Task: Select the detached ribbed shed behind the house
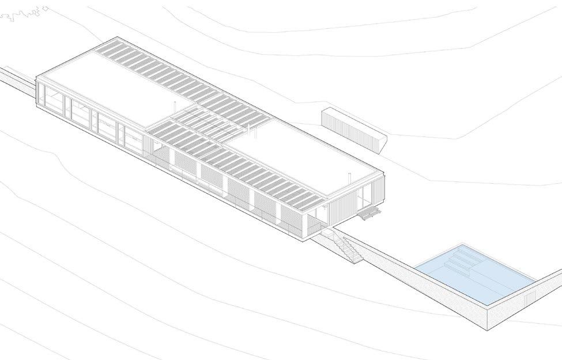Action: coord(353,130)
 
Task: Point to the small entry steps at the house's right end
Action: coord(369,214)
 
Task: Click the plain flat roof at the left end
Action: coord(110,92)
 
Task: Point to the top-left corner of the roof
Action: coord(36,77)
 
